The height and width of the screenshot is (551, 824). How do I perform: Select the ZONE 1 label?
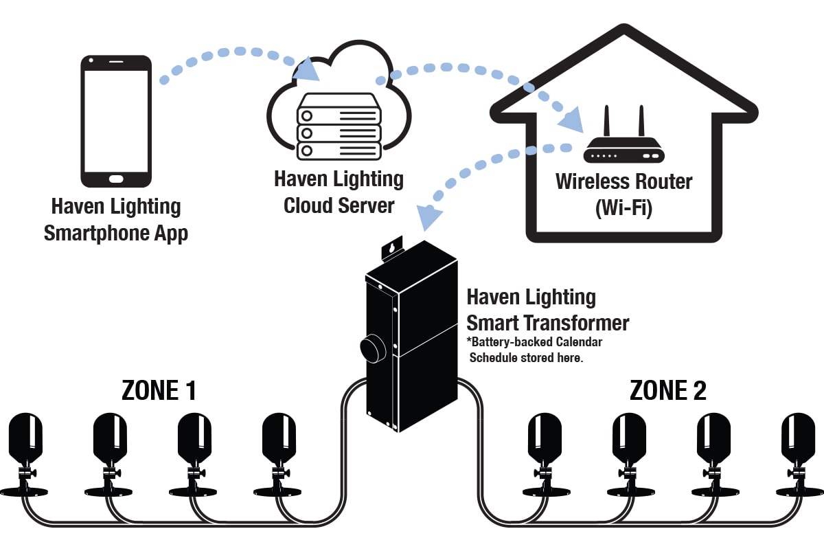tap(159, 390)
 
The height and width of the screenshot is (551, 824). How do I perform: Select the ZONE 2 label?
tap(667, 390)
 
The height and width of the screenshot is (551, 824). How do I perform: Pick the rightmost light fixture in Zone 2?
tap(799, 453)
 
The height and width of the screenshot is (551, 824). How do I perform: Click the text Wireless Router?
tap(623, 181)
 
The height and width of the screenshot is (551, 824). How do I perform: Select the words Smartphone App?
tap(115, 234)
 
